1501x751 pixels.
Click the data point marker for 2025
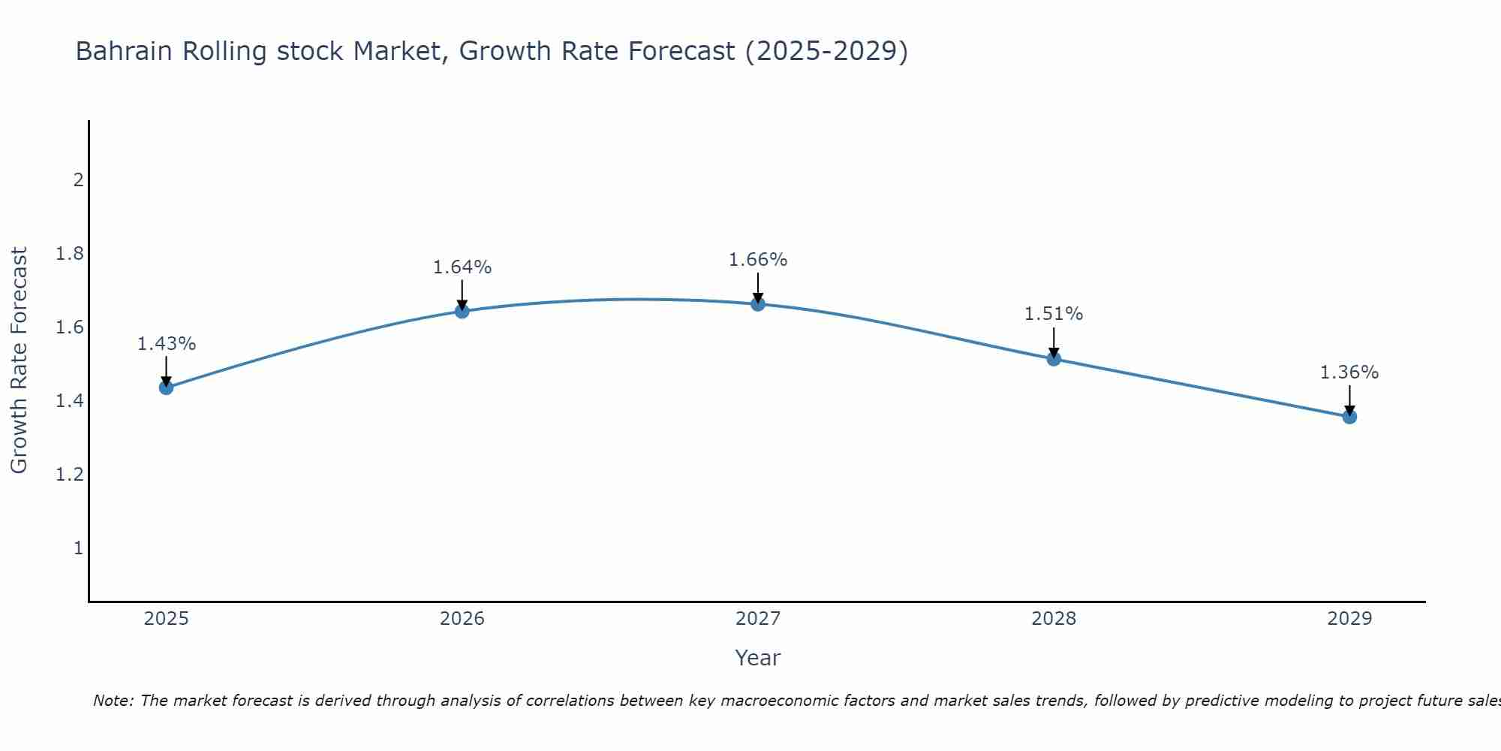[x=167, y=388]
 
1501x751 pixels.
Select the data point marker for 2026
[x=462, y=311]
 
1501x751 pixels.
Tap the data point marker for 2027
[x=758, y=303]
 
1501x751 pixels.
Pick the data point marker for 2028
[x=1054, y=359]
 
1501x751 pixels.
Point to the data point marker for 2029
[x=1349, y=416]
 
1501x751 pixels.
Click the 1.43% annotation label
[x=167, y=344]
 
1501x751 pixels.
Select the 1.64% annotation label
[x=462, y=267]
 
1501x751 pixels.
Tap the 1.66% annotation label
[x=758, y=260]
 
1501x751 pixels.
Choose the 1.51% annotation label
[x=1054, y=314]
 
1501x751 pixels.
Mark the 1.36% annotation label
[x=1349, y=372]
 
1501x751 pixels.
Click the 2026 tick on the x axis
[x=462, y=619]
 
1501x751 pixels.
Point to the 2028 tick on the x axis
[x=1054, y=619]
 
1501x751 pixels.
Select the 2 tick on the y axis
[x=77, y=180]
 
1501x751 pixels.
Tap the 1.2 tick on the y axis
[x=70, y=475]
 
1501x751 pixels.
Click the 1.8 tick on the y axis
[x=70, y=254]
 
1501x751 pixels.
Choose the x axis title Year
[x=758, y=658]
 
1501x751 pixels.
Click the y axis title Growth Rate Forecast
[x=19, y=360]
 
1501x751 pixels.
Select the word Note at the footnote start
[x=113, y=701]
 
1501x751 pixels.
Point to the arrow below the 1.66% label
[x=758, y=287]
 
